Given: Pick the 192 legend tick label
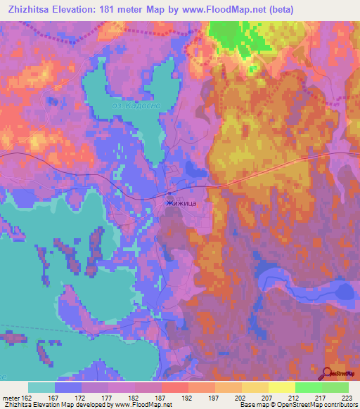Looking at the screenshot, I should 188,398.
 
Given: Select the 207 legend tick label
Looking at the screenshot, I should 268,398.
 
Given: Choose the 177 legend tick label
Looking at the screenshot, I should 108,398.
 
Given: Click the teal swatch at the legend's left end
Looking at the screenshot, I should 41,387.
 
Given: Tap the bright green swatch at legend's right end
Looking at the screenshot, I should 335,387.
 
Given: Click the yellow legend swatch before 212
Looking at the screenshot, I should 282,387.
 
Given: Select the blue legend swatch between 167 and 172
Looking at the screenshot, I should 68,387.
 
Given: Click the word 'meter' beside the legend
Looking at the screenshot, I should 12,398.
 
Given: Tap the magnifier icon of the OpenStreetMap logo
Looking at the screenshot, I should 328,372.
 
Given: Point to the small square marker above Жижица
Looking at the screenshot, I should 169,193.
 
